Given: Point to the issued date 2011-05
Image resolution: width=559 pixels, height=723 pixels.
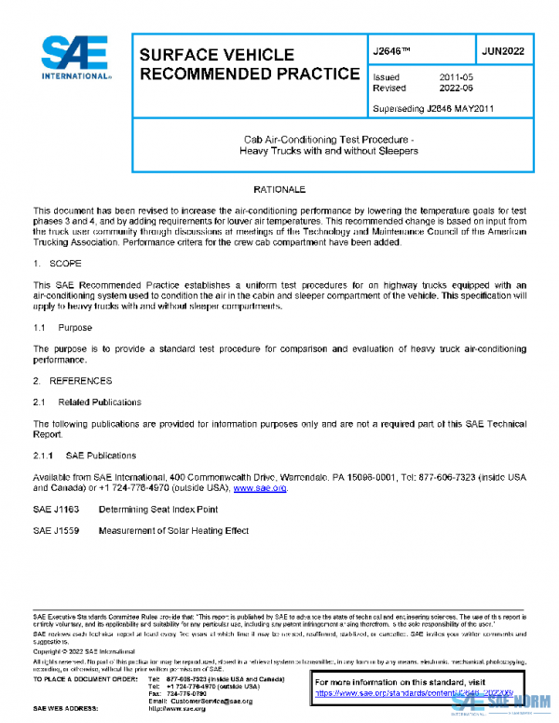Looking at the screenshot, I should click(x=457, y=77).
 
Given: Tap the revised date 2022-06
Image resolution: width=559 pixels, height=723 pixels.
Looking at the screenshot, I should click(x=457, y=89).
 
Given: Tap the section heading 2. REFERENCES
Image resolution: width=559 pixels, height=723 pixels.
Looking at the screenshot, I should click(x=73, y=381).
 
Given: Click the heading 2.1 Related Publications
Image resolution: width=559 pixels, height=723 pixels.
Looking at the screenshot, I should click(x=88, y=402).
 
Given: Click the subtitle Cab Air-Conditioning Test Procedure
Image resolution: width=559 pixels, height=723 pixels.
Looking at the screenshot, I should click(x=328, y=140).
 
